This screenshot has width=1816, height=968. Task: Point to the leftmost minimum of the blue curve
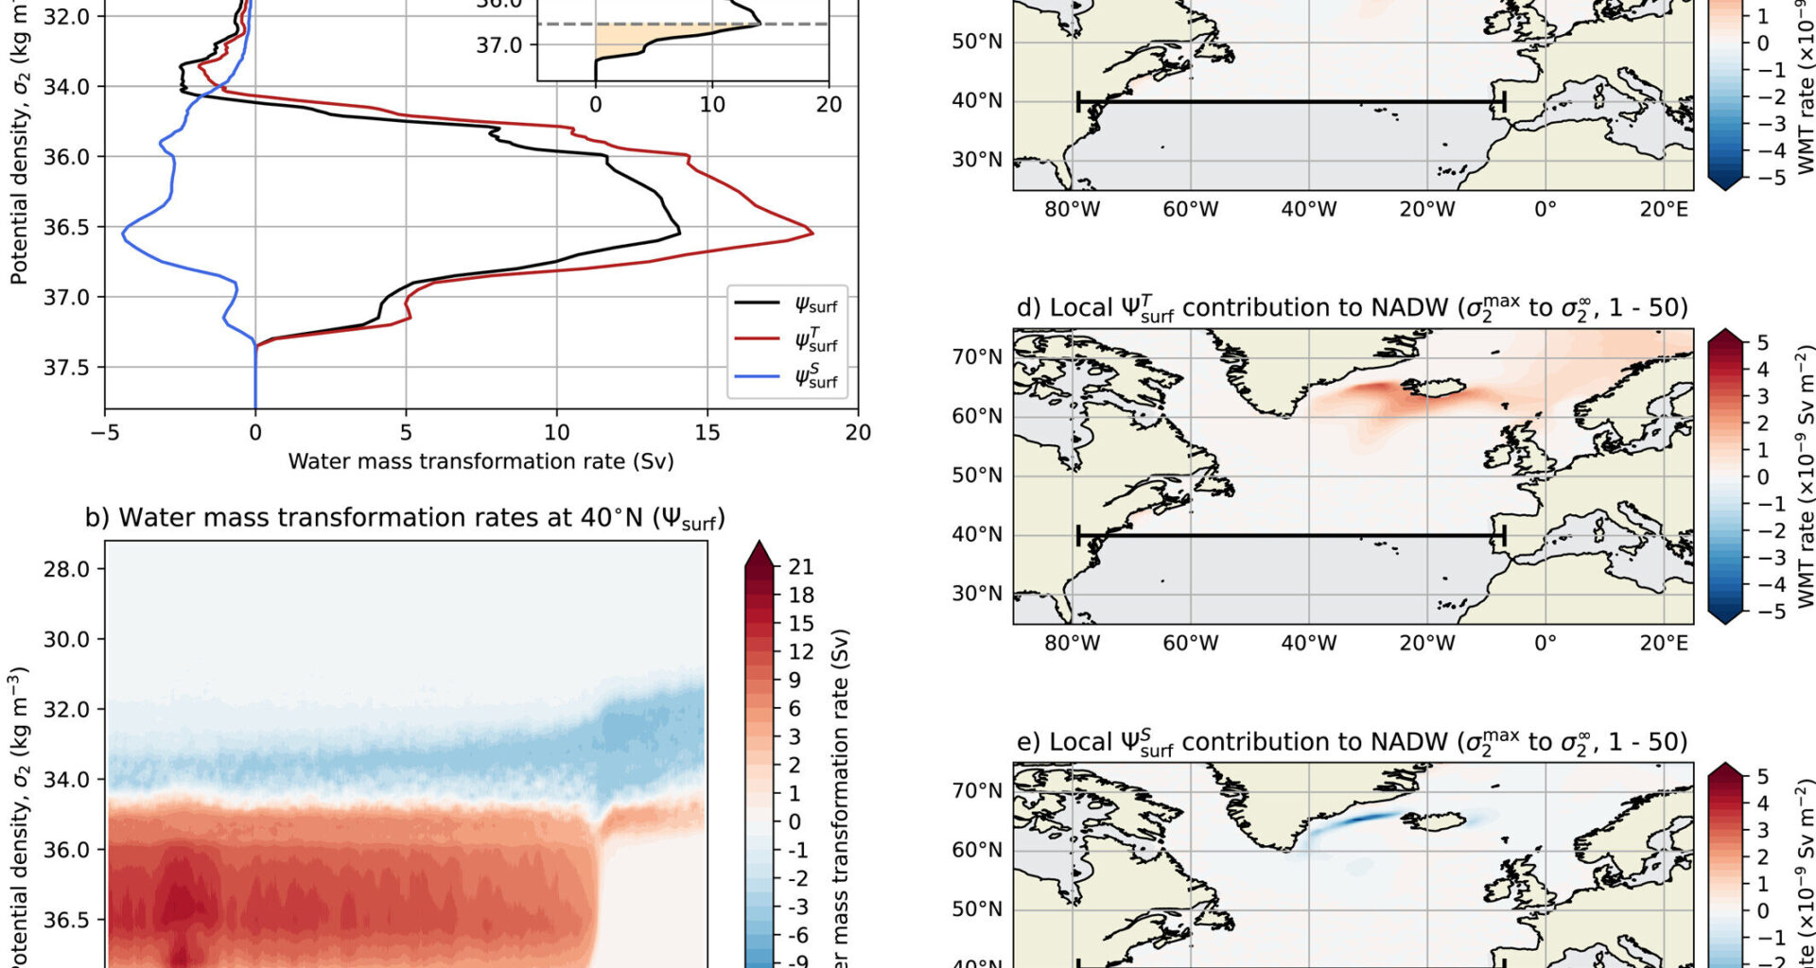tap(123, 230)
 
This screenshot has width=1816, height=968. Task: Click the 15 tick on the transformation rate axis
tap(707, 433)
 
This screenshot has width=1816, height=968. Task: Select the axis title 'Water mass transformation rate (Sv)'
tap(480, 461)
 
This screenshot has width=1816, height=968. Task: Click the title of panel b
tap(405, 518)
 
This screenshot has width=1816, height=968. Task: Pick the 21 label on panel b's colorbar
tap(801, 566)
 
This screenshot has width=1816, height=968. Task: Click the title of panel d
tap(1352, 308)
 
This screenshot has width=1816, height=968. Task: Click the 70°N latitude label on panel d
tap(977, 357)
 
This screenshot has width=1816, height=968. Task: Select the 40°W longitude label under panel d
tap(1308, 643)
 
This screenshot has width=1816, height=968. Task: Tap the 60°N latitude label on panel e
tap(977, 849)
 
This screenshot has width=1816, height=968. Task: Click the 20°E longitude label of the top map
tap(1664, 209)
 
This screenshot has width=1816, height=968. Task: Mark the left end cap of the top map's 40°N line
tap(1078, 101)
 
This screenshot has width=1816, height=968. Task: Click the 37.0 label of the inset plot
tap(498, 44)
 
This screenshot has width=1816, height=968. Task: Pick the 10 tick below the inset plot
tap(712, 104)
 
